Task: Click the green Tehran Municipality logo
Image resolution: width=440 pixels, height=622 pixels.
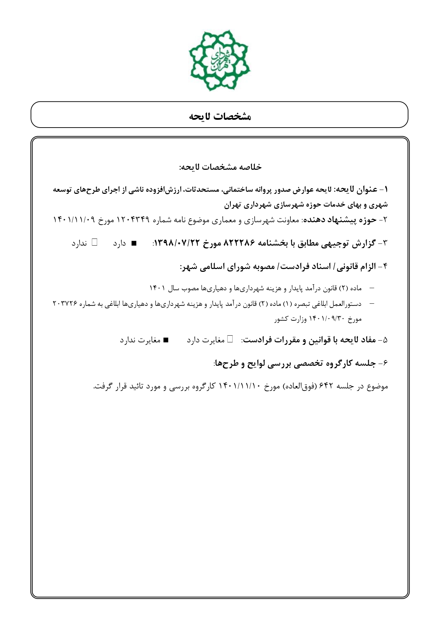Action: [x=219, y=60]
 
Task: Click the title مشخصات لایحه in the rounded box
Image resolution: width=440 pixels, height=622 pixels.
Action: [x=220, y=116]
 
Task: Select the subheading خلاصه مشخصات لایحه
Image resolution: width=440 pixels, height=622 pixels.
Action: [x=220, y=167]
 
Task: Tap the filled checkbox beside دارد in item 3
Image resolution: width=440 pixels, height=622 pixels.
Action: [x=134, y=244]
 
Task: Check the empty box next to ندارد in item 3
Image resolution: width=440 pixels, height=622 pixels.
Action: [x=95, y=243]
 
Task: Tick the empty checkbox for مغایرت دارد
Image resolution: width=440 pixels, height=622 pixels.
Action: [x=230, y=340]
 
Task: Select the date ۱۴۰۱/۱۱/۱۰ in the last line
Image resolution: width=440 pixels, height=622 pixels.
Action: [x=241, y=386]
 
